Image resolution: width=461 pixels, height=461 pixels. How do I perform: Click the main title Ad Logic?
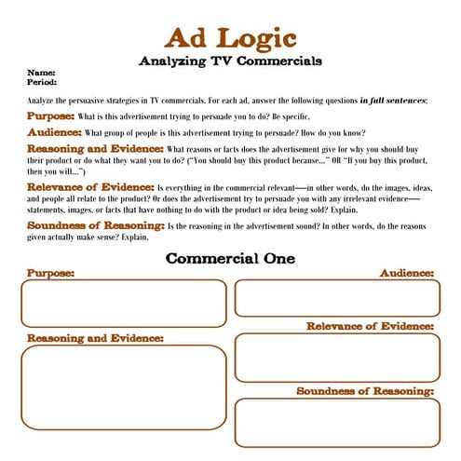pos(230,38)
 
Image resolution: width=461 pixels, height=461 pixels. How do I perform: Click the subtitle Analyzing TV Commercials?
pos(230,61)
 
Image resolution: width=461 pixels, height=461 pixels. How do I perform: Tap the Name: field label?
pos(40,73)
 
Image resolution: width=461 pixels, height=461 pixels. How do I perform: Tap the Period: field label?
pos(43,82)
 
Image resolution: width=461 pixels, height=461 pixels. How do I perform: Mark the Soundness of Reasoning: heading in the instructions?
pos(95,225)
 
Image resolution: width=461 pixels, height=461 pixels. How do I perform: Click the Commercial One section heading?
pos(230,258)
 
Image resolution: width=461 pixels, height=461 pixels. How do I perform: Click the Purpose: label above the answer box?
pos(50,273)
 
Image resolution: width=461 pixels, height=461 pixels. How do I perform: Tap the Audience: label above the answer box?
pos(407,273)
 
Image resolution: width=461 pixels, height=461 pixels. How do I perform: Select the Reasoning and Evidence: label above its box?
pos(95,338)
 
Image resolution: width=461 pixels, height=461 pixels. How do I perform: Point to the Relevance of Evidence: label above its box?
pos(371,326)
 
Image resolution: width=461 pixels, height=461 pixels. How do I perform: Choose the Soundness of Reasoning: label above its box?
pos(365,391)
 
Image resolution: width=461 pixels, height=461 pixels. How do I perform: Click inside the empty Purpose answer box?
pos(124,304)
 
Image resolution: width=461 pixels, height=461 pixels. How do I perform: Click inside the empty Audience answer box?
pos(336,298)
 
